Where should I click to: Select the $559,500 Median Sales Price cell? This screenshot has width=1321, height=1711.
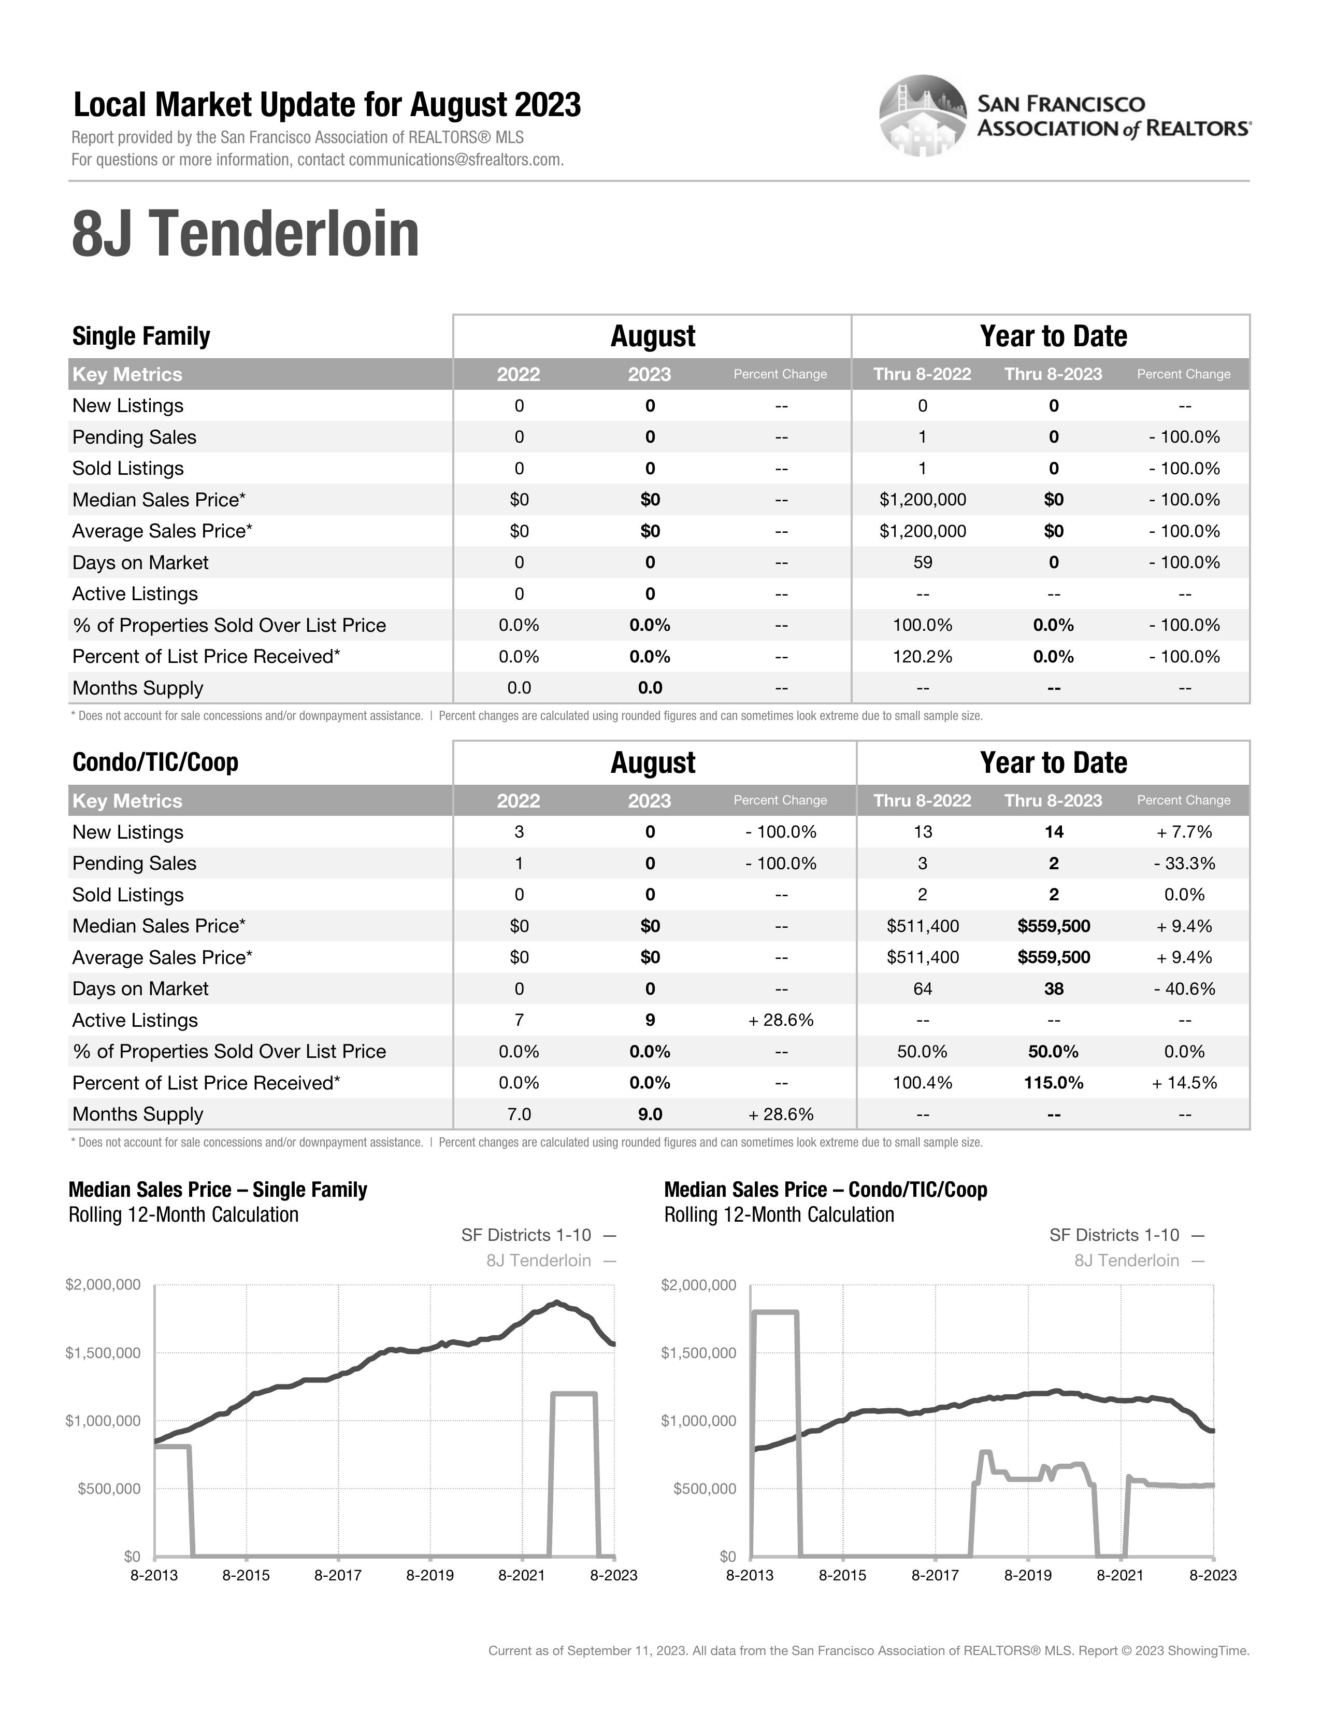(1053, 926)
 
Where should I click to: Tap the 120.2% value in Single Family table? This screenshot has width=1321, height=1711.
(923, 657)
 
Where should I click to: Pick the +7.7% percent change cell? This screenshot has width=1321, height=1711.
(1184, 832)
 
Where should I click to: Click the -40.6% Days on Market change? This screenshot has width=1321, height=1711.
(1184, 988)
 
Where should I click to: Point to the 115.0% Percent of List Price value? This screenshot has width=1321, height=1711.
(1053, 1083)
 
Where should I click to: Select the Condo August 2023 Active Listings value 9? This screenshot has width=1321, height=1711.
(650, 1020)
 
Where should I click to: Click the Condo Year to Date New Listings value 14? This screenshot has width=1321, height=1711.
(1053, 832)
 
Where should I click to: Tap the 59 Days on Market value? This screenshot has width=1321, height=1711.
(923, 562)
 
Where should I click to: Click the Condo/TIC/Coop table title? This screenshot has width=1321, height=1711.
(155, 762)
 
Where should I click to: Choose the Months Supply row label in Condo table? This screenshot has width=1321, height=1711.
(138, 1114)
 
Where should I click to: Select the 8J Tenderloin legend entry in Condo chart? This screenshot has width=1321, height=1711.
(1126, 1261)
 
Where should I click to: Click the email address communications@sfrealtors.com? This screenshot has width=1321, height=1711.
(455, 160)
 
